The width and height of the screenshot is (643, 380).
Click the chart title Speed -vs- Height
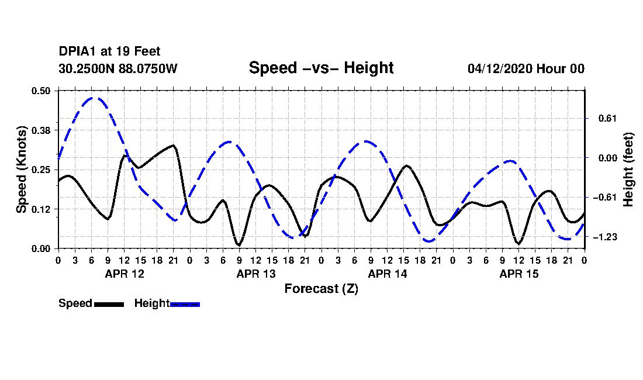321,68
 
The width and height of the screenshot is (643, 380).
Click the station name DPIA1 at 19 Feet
109,51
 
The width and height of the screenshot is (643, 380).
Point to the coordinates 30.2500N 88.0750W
118,68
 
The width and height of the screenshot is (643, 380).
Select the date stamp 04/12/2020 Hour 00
526,68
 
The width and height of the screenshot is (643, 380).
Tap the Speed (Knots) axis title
21,170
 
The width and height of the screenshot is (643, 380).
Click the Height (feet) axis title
628,170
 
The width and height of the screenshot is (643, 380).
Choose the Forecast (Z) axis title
321,289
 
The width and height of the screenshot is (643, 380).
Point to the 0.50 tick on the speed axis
40,91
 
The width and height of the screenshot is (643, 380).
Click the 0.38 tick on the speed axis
40,130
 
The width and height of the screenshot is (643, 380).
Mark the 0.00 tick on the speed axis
40,249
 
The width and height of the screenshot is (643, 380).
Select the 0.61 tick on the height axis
607,119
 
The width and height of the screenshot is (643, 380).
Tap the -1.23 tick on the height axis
605,237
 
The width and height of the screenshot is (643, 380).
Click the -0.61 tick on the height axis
605,198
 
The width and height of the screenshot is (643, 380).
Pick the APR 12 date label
125,274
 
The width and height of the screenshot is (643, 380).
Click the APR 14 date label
388,274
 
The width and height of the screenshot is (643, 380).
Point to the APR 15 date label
518,274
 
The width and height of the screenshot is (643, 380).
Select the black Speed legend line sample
109,304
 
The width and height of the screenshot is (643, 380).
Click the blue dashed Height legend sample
185,304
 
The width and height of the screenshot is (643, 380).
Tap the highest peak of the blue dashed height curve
93,98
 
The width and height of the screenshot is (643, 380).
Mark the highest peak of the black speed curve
174,145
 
